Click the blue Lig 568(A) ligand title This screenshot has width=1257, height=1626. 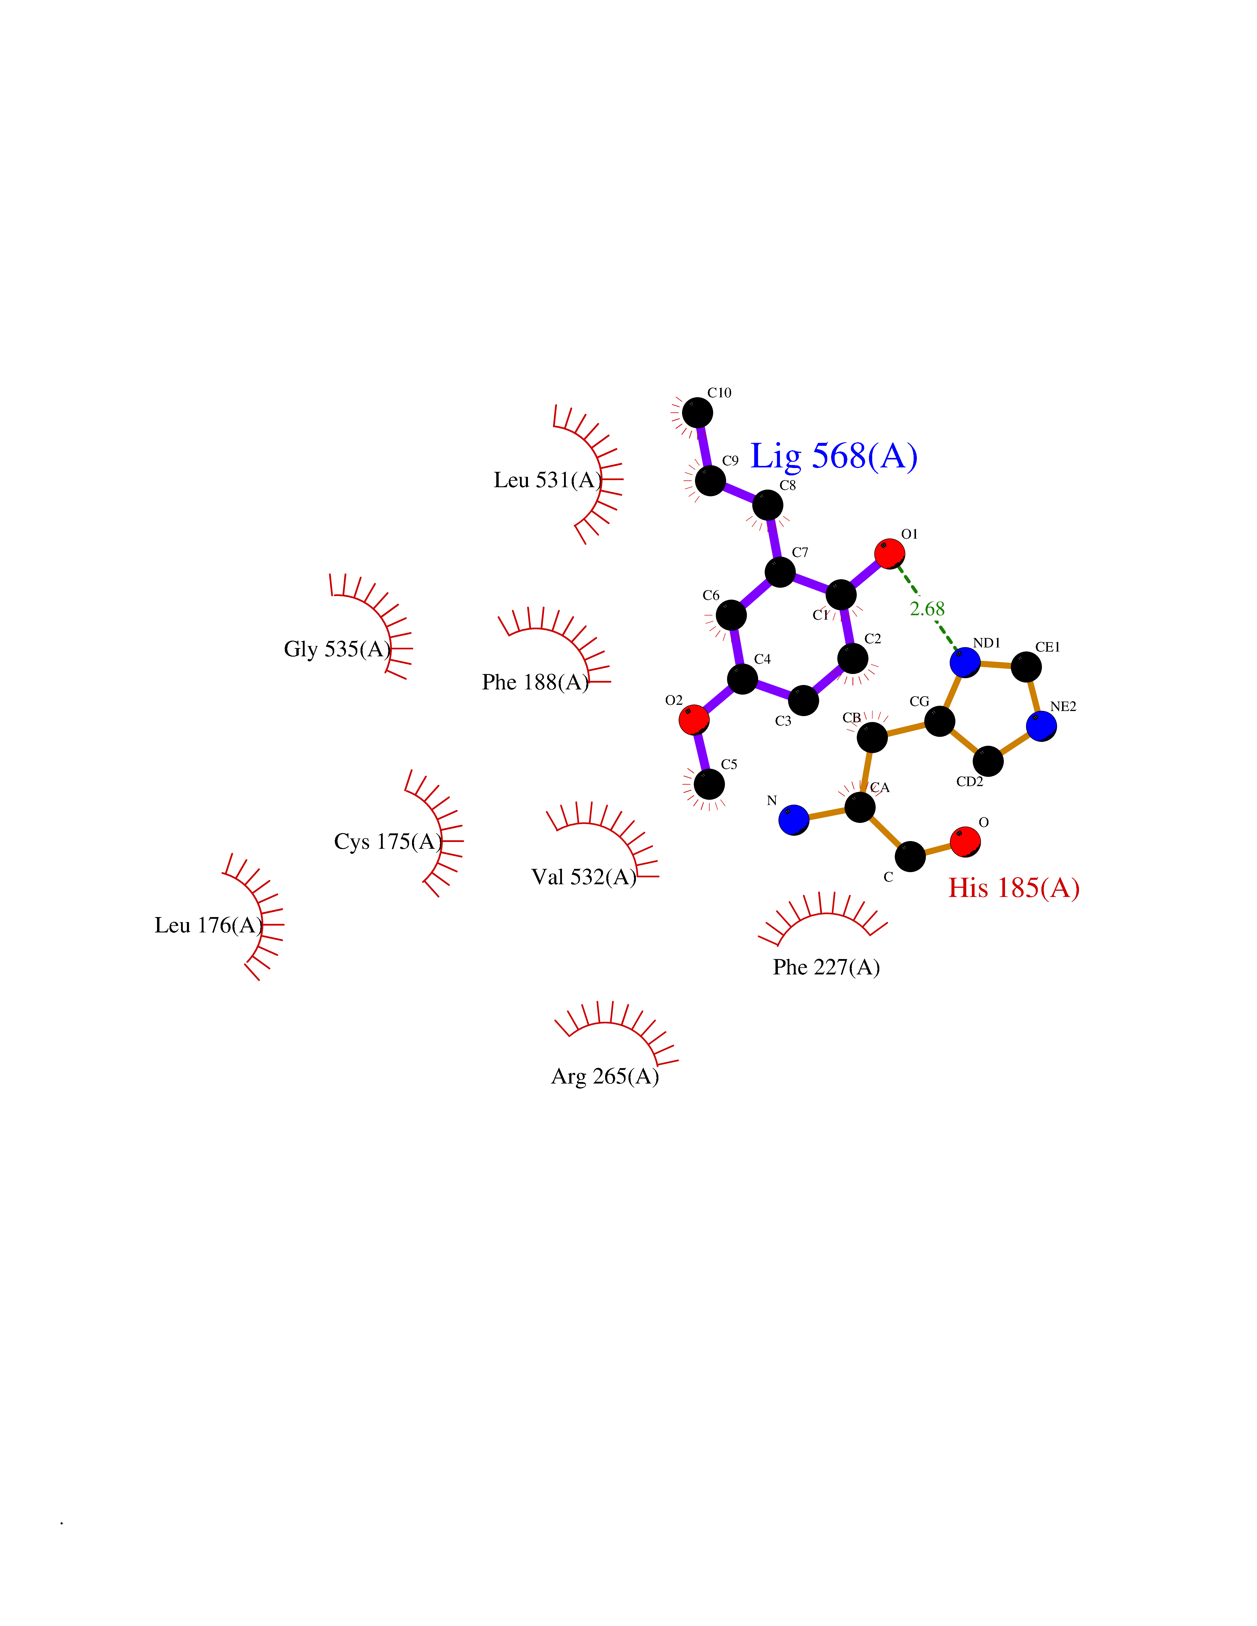833,456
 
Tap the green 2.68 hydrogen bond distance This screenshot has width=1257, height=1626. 927,609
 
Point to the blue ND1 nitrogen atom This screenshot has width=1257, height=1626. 965,662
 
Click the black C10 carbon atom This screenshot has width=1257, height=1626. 697,412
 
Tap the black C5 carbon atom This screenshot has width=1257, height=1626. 709,784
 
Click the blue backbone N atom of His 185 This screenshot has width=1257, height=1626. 794,820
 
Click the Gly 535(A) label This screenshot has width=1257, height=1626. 337,649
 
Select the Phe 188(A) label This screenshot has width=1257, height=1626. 535,682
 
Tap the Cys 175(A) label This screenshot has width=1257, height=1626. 388,841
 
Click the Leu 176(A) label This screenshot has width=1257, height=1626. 209,925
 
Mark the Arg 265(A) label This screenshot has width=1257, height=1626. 605,1076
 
